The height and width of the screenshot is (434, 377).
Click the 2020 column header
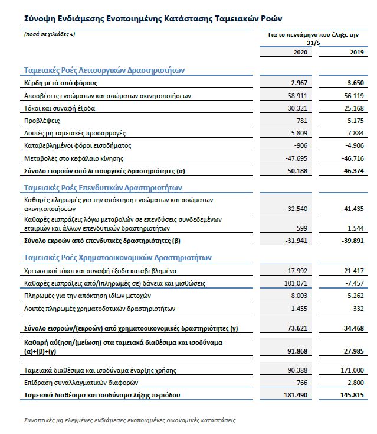[x=301, y=53]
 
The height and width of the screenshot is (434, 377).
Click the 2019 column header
[x=356, y=53]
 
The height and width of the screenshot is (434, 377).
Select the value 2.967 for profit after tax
[x=299, y=83]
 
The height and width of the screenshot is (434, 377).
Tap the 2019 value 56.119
[x=354, y=96]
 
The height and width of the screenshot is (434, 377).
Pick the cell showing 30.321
[x=297, y=108]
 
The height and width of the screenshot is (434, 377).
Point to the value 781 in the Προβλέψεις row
[x=301, y=121]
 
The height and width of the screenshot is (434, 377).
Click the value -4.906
[x=354, y=145]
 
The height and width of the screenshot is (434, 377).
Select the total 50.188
[x=297, y=171]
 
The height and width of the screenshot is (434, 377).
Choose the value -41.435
[x=352, y=209]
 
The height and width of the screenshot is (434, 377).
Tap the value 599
[x=302, y=228]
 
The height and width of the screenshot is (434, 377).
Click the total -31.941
[x=296, y=241]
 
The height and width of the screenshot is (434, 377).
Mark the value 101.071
[x=296, y=283]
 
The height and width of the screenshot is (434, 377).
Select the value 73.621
[x=297, y=328]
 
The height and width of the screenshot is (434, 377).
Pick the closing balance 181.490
[x=296, y=394]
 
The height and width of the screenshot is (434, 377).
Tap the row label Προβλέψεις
[x=42, y=121]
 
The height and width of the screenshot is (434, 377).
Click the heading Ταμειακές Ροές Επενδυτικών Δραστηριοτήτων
[x=103, y=188]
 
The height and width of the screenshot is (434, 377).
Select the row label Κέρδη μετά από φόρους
[x=61, y=83]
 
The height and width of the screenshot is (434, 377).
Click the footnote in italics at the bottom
[x=129, y=420]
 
